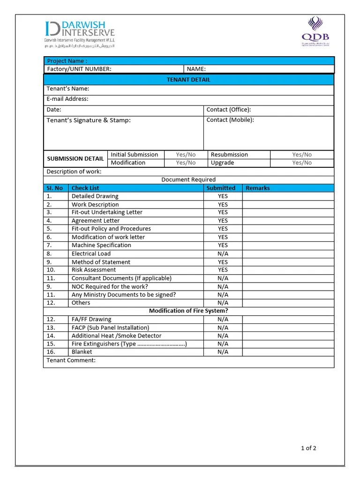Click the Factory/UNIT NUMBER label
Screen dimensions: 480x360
79,69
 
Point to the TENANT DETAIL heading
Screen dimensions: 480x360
188,80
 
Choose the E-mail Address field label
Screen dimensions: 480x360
67,99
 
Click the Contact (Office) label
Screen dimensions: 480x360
229,110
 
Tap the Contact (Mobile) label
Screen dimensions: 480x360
230,120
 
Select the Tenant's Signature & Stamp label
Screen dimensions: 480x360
89,120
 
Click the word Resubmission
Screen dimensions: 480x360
229,155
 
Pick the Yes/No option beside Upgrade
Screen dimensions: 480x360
302,163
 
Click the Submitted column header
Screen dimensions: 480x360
221,188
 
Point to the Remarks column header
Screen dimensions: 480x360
258,188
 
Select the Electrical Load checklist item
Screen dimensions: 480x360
91,254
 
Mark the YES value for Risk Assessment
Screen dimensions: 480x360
223,270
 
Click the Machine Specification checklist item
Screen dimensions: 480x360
101,245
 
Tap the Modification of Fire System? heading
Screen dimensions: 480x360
188,311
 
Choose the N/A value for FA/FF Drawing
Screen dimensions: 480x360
223,319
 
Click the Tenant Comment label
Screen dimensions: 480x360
71,360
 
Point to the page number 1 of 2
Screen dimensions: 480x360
308,448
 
